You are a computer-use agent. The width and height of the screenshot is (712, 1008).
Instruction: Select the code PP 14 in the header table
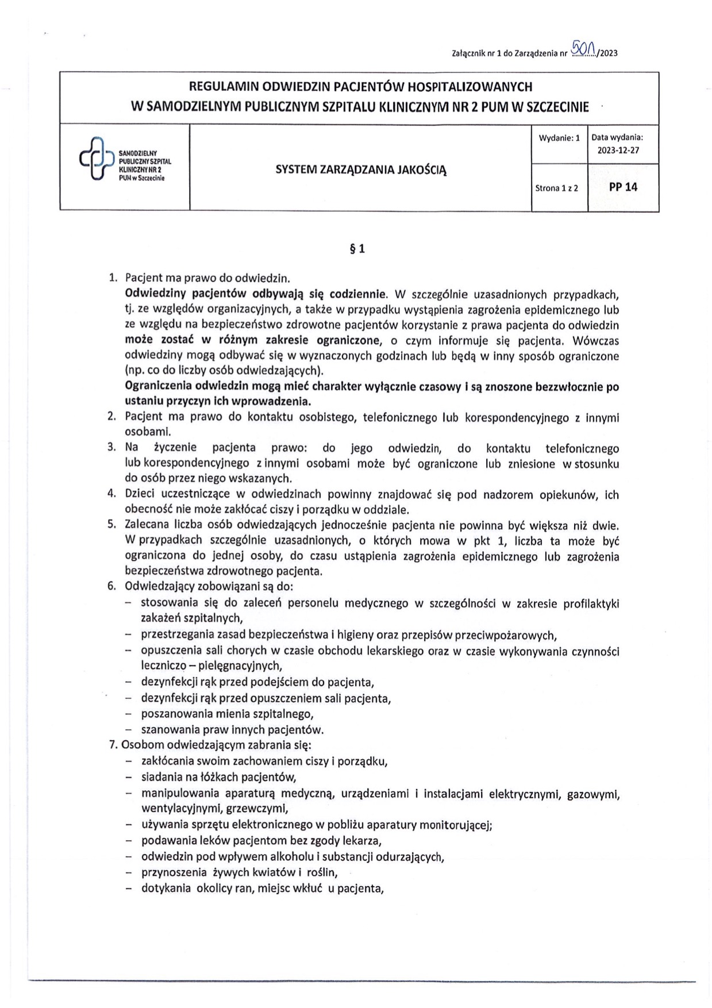(623, 187)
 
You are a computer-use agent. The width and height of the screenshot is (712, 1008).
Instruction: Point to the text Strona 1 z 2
(556, 188)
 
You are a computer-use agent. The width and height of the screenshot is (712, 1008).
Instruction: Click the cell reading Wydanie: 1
(559, 138)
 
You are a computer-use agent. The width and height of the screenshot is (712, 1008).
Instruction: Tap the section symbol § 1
(357, 249)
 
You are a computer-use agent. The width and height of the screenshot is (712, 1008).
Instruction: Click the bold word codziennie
(357, 294)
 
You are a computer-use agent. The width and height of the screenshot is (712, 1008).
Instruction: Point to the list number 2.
(112, 417)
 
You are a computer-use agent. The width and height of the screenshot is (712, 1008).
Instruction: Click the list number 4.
(112, 494)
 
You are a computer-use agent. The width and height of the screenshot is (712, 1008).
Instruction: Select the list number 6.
(112, 587)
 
